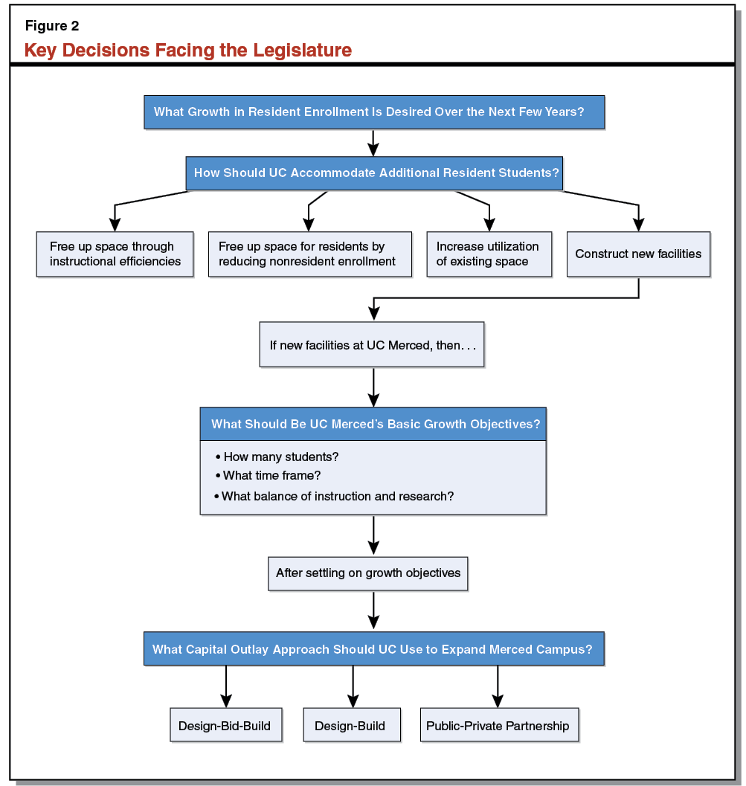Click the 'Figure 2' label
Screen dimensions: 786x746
click(x=52, y=26)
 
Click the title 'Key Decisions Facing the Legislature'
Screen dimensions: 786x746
click(x=187, y=51)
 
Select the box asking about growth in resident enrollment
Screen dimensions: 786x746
click(x=373, y=112)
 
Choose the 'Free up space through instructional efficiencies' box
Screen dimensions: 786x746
click(x=115, y=254)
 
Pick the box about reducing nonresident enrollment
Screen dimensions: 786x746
click(x=309, y=254)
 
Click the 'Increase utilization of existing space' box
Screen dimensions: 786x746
click(x=489, y=254)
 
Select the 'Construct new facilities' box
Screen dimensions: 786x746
click(x=638, y=254)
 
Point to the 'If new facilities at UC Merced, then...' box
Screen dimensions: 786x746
click(x=371, y=345)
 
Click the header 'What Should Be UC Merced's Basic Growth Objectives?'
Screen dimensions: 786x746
click(x=373, y=424)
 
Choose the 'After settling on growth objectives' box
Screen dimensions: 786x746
click(x=368, y=573)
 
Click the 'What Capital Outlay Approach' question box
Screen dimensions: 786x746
click(x=373, y=649)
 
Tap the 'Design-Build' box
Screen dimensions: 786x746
click(x=350, y=726)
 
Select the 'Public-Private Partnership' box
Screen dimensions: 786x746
click(x=498, y=726)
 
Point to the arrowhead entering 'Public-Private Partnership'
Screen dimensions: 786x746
click(x=498, y=700)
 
